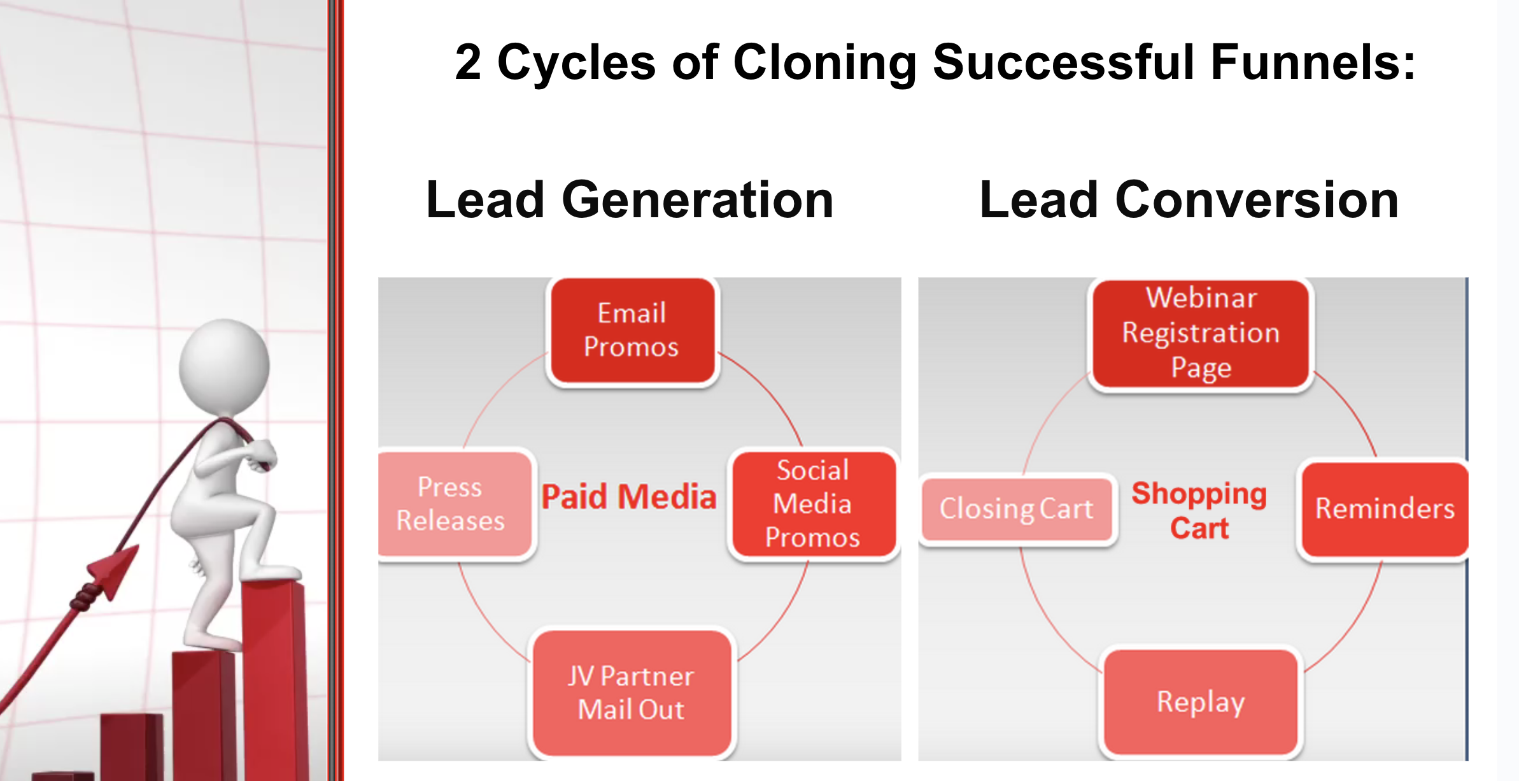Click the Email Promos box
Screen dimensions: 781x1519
(632, 331)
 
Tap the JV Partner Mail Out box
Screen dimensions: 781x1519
(632, 693)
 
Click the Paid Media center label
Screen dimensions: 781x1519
(629, 497)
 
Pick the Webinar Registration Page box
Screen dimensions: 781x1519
(1201, 333)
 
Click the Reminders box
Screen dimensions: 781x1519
(1384, 509)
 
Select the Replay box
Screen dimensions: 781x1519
(1201, 702)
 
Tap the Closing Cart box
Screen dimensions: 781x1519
(1017, 509)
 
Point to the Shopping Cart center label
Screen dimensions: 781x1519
(1199, 510)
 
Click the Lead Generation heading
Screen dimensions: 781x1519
(630, 200)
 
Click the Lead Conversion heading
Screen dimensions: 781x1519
(1189, 200)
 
